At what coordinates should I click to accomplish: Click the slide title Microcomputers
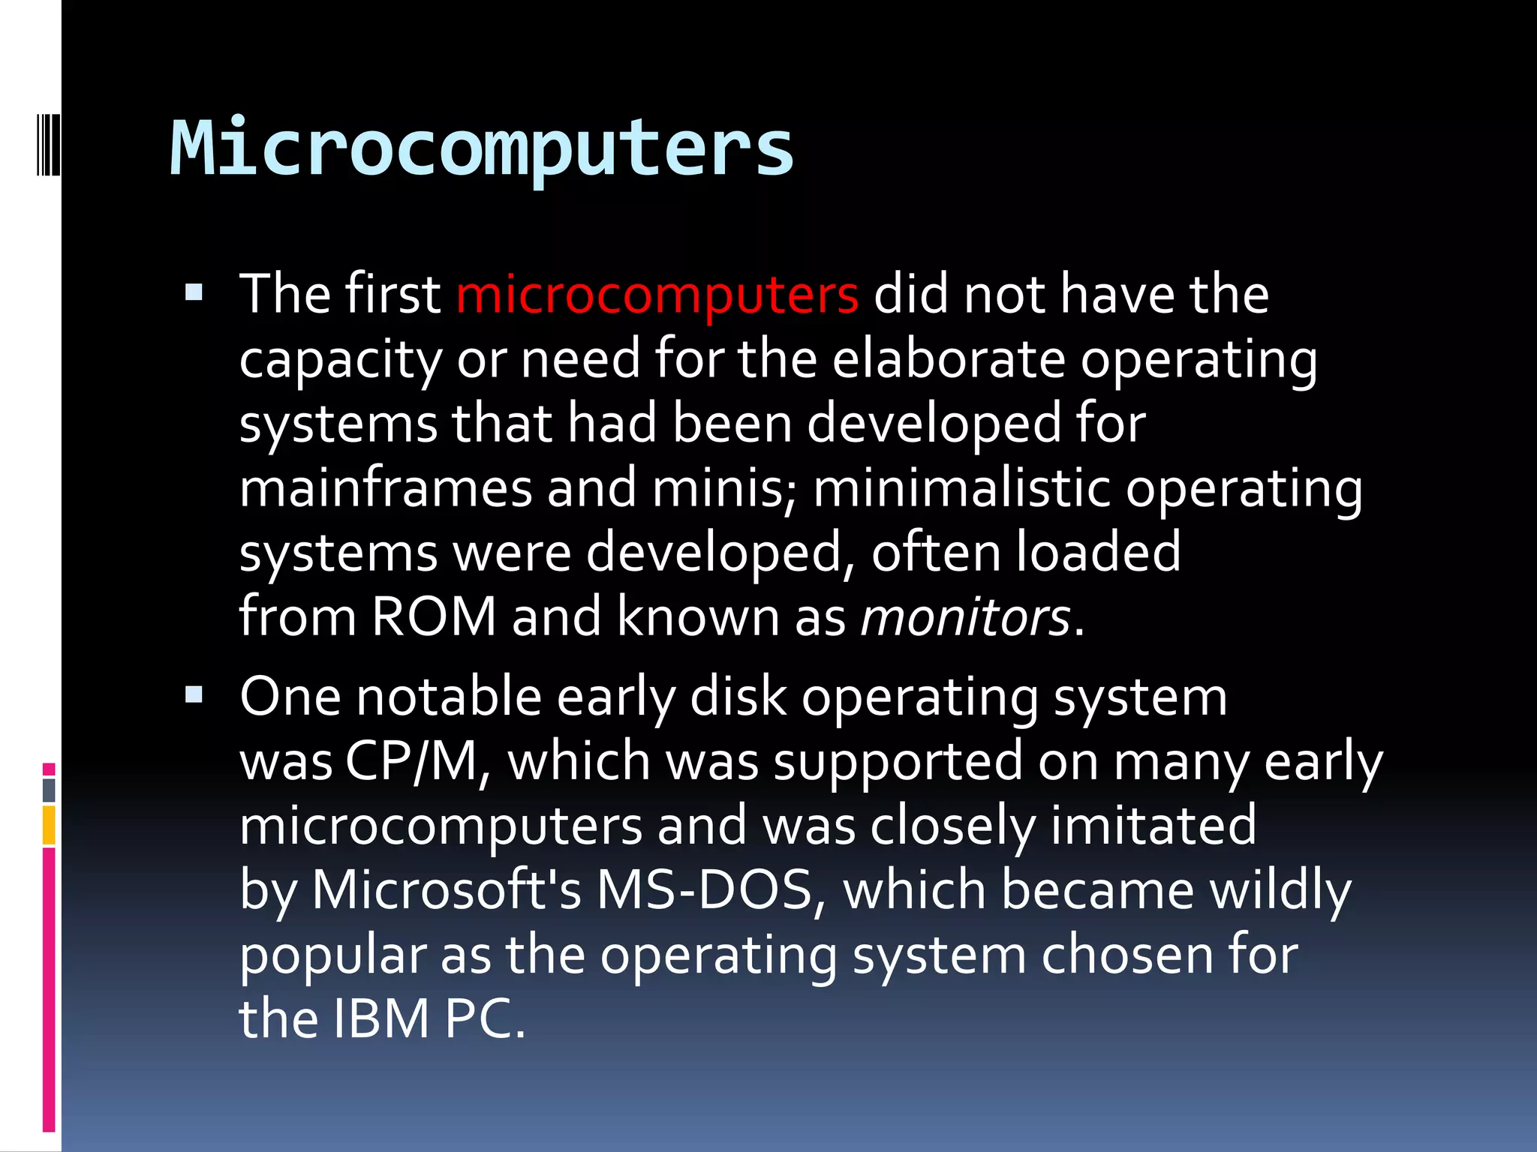click(482, 148)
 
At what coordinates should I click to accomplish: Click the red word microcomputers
click(657, 294)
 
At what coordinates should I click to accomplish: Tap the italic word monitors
click(965, 617)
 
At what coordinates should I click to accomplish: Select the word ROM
click(434, 617)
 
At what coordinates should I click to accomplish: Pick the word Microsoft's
click(446, 891)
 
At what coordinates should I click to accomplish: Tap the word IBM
click(380, 1019)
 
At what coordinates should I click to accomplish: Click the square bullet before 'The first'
click(194, 292)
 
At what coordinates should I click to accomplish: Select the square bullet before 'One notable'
click(194, 695)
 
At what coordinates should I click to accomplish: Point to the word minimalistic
click(961, 488)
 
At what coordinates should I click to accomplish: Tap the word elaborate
click(949, 359)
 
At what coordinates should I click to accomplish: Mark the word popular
click(332, 955)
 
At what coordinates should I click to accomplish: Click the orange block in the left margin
click(49, 824)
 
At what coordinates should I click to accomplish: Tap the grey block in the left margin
click(49, 790)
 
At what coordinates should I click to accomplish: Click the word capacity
click(341, 359)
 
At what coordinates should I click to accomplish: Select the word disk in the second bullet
click(738, 697)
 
